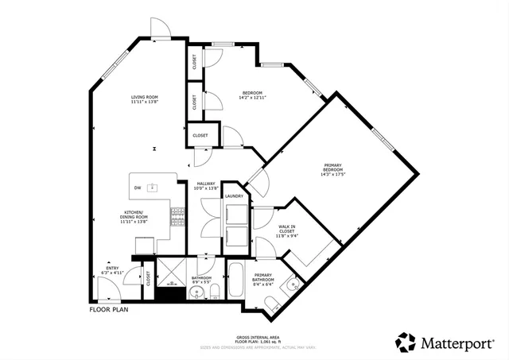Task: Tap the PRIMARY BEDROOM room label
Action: [332, 168]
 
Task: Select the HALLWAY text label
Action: [206, 184]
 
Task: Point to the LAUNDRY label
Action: [234, 195]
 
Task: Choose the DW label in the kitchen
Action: [138, 188]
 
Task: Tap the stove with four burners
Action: [176, 215]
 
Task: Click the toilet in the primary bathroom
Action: [272, 302]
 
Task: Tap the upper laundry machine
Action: [235, 214]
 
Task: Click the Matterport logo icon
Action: [406, 343]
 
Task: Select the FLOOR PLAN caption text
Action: [108, 310]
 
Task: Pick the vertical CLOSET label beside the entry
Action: [147, 278]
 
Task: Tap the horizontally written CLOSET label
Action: [200, 136]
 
